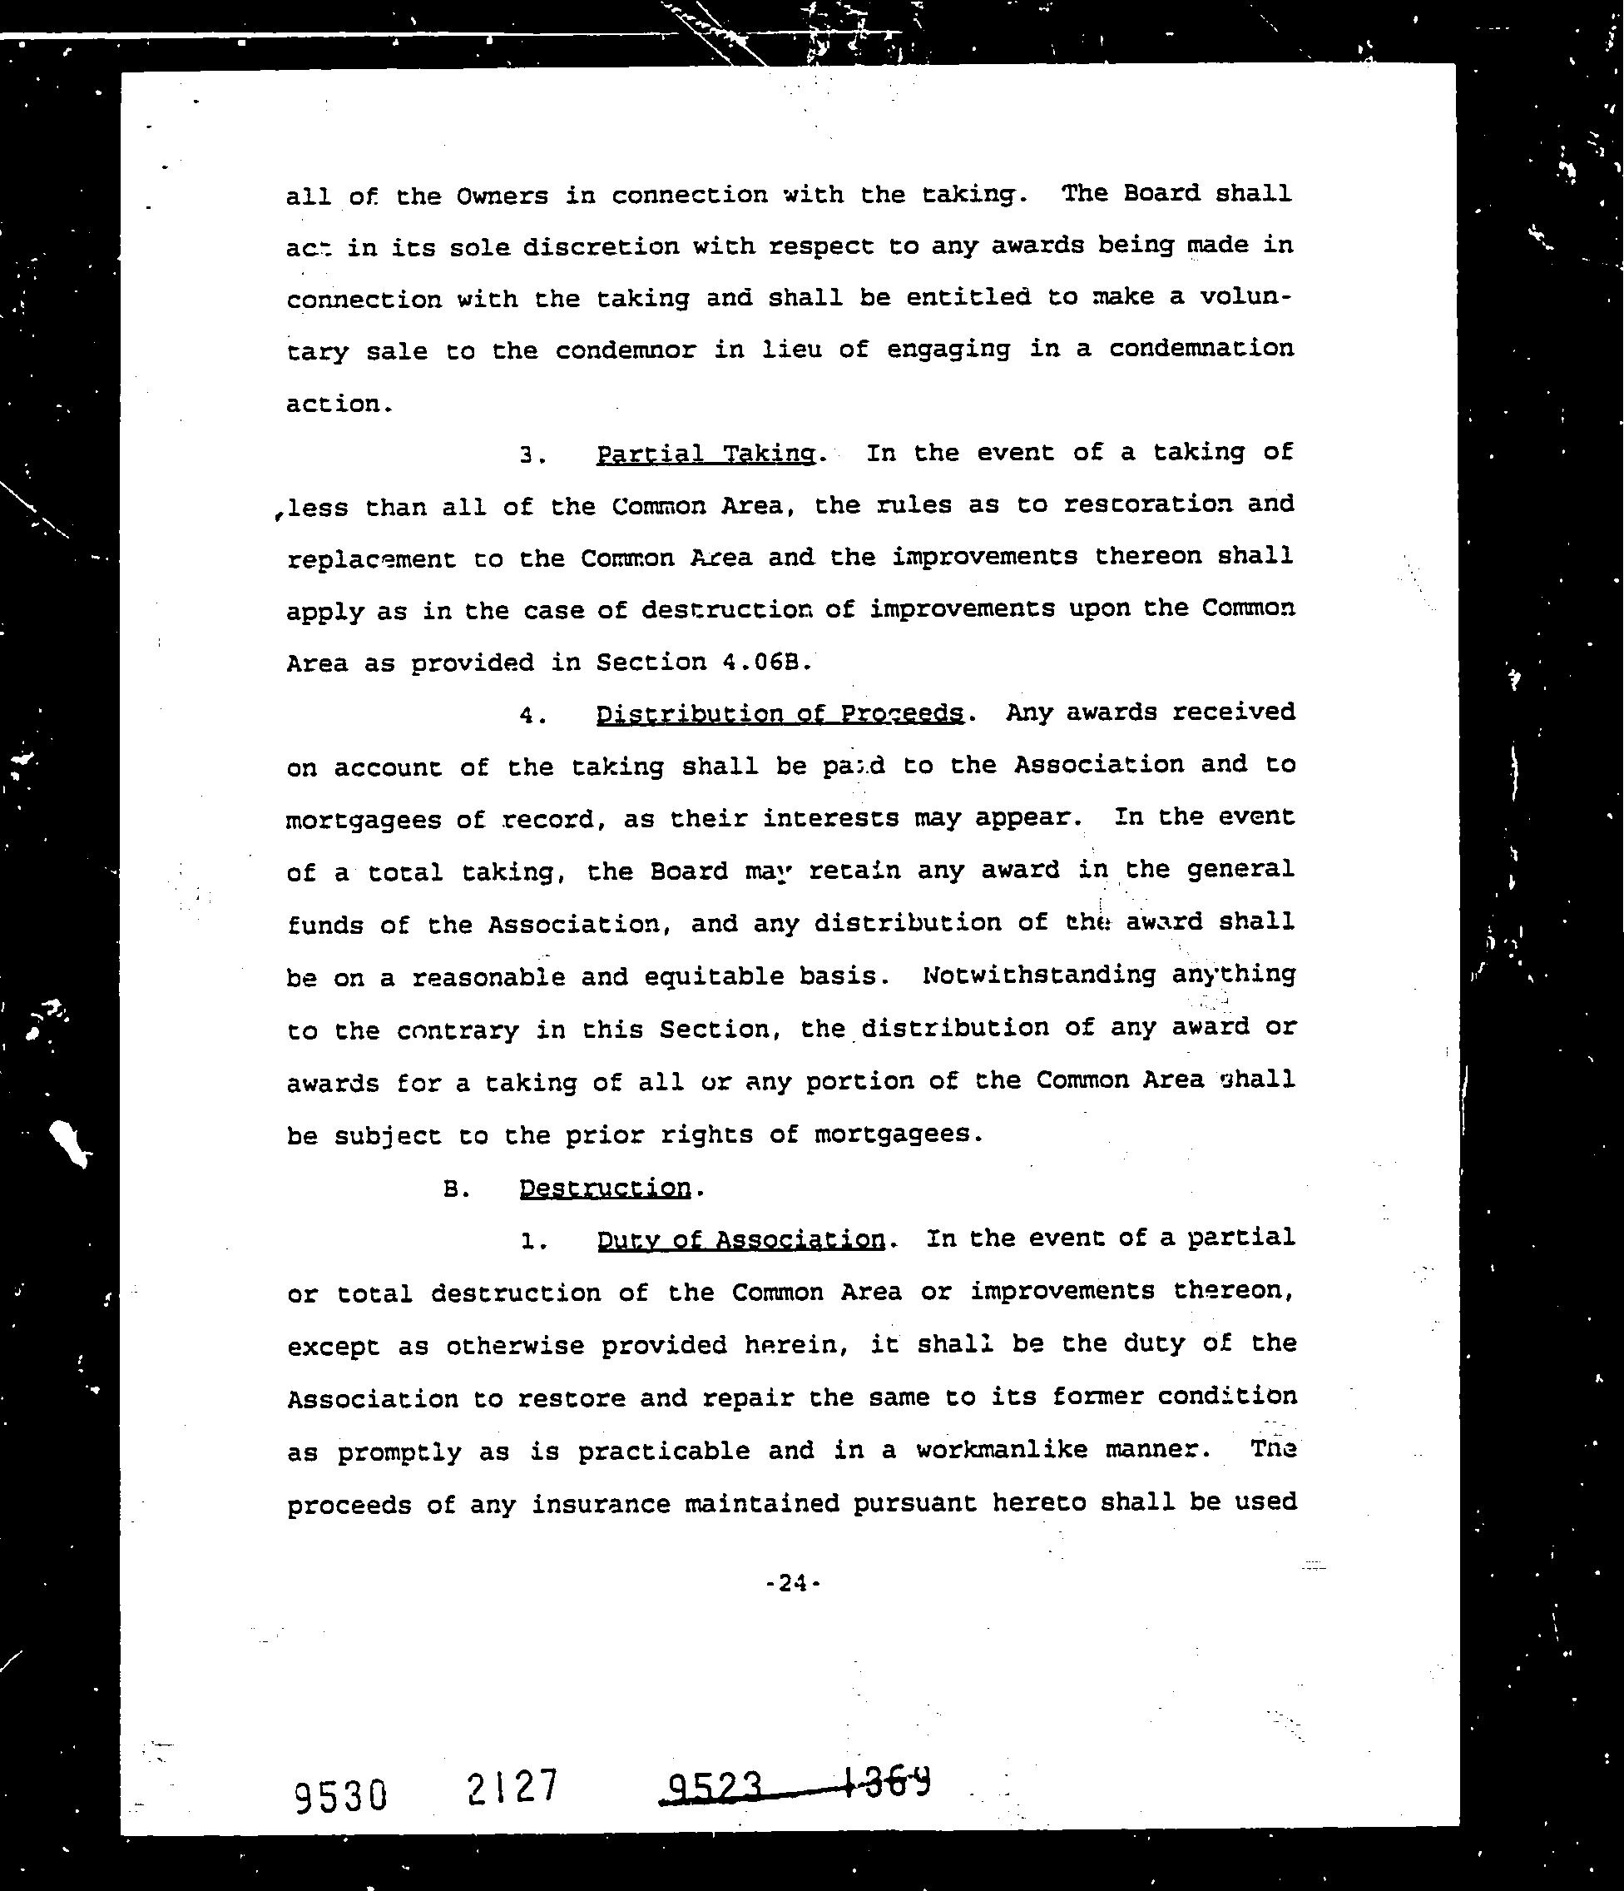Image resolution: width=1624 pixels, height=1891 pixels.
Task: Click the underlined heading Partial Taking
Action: click(706, 454)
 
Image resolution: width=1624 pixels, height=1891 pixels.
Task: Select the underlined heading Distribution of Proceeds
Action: click(780, 712)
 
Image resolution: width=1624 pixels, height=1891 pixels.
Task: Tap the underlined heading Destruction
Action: click(605, 1188)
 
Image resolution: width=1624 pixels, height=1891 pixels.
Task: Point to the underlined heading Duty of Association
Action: click(740, 1239)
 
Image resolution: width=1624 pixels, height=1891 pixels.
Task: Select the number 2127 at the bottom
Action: click(511, 1787)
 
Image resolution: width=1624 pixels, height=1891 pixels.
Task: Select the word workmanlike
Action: click(1001, 1450)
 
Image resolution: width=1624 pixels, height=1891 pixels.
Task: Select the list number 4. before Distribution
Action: click(532, 716)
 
